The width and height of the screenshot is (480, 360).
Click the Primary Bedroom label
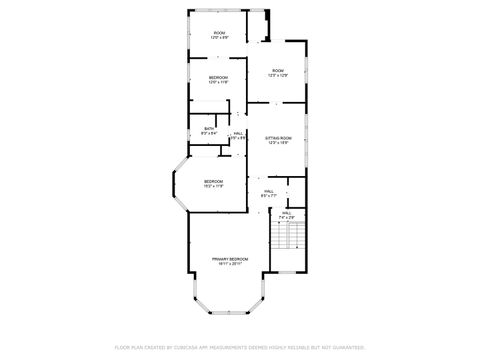click(229, 258)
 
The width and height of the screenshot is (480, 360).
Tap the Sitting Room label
click(278, 137)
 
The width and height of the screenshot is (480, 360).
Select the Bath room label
click(210, 128)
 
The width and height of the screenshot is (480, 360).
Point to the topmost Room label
click(218, 33)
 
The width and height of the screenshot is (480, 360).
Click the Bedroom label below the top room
click(218, 77)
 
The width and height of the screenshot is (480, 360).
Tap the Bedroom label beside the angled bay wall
click(213, 180)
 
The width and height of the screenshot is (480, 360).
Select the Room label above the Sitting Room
click(277, 70)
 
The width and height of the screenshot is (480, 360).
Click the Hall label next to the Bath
click(239, 133)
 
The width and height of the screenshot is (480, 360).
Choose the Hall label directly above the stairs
click(286, 212)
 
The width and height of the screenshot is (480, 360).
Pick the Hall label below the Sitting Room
click(269, 191)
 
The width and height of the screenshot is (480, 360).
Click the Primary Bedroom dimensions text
click(229, 264)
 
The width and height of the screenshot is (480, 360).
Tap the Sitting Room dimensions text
click(278, 143)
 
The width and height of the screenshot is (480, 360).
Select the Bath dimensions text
click(210, 133)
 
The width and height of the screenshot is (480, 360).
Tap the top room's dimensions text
click(218, 39)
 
